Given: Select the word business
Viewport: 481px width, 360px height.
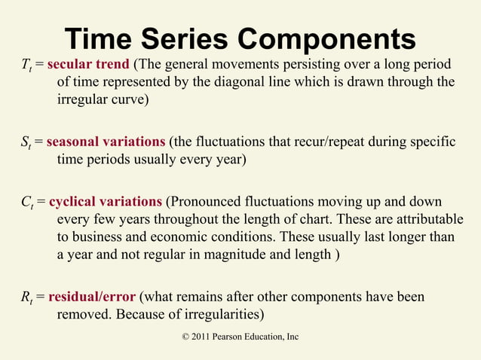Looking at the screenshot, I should (97, 237).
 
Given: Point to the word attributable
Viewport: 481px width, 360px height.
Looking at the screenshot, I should (427, 219).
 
